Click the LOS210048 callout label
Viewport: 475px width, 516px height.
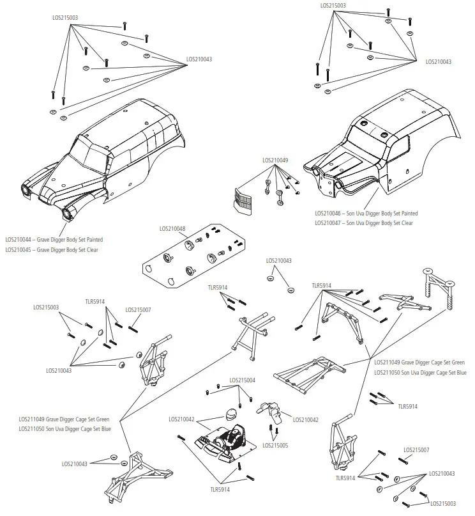(172, 229)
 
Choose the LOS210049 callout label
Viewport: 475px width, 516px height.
(275, 160)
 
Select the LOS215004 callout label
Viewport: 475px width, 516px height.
(243, 380)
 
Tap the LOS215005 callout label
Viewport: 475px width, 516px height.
(275, 446)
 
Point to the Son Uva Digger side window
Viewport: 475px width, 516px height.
(398, 148)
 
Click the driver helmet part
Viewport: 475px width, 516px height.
(230, 414)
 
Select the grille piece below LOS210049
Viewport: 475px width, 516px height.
(242, 201)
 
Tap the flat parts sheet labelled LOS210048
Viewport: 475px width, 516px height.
(194, 255)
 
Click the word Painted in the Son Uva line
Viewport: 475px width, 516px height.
(409, 214)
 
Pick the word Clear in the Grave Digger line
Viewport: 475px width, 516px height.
(93, 250)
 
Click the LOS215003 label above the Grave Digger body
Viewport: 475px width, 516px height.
(65, 18)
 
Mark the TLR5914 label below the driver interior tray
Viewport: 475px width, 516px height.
(220, 490)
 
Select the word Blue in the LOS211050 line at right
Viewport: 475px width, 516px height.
(460, 373)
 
